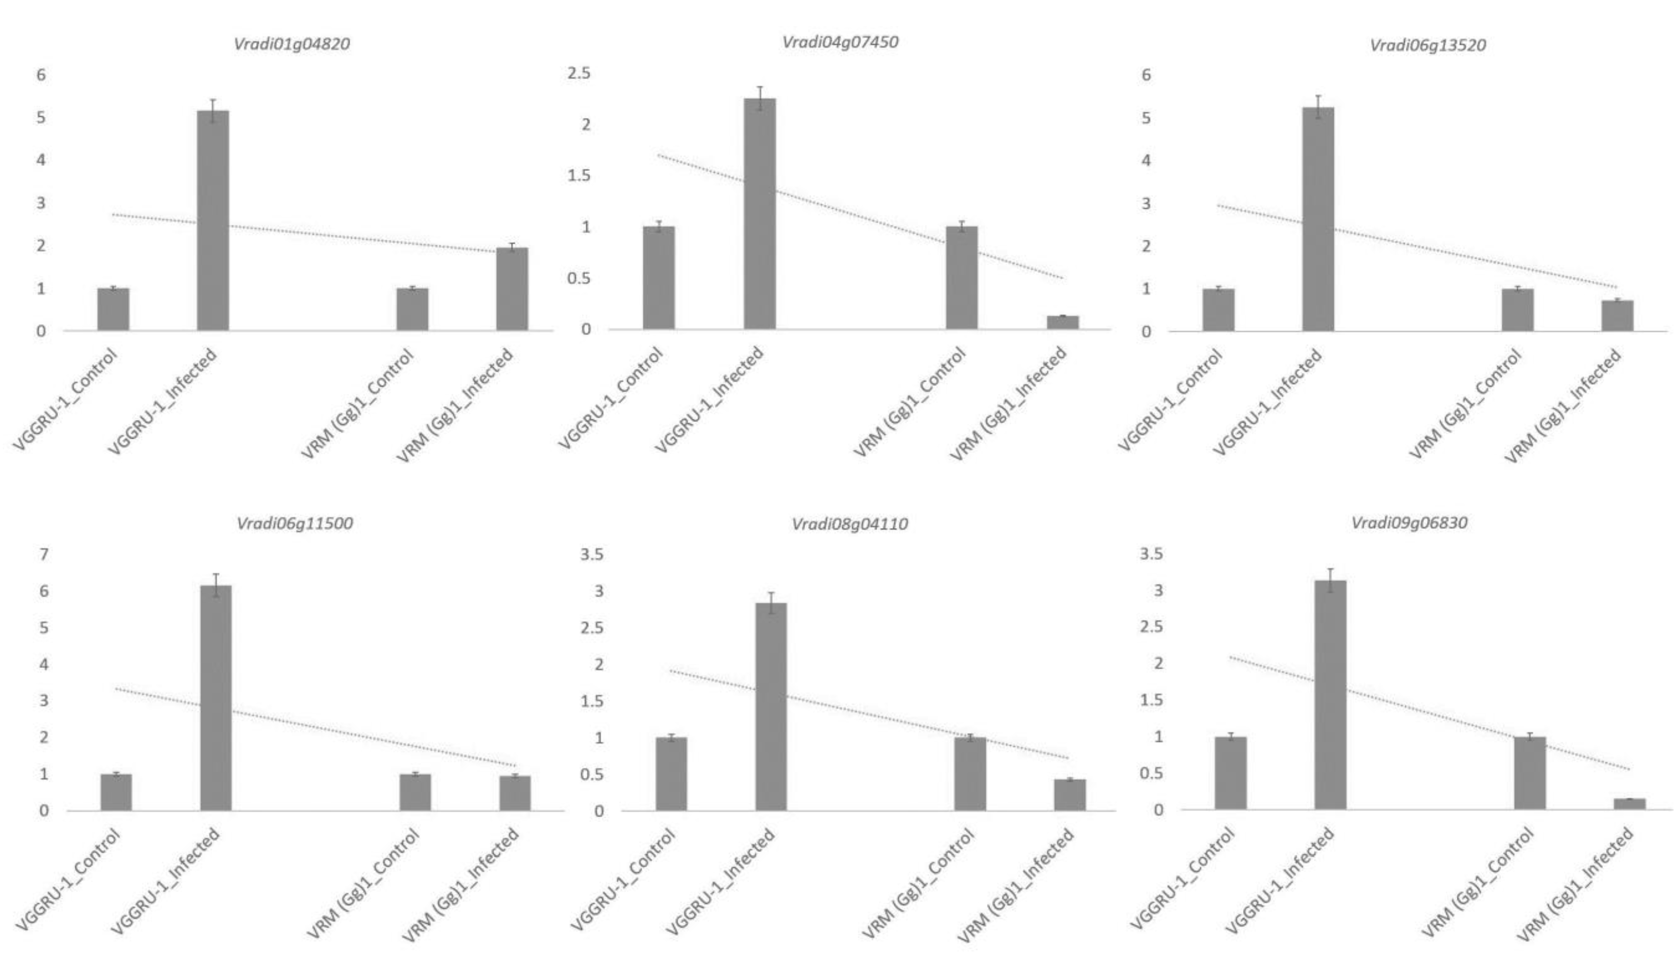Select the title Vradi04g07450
point(840,42)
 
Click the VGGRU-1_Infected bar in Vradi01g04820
point(213,219)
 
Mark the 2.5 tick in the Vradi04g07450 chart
point(578,73)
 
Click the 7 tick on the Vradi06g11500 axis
point(44,554)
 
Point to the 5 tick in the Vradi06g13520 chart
point(1145,118)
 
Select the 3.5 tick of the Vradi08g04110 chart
point(592,554)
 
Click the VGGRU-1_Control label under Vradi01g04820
point(67,399)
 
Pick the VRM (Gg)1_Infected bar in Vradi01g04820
point(512,289)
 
